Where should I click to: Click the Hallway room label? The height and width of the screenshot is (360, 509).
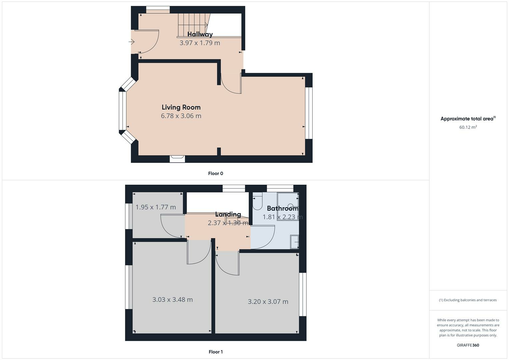[200, 34]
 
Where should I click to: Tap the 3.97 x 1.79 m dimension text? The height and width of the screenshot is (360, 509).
[200, 43]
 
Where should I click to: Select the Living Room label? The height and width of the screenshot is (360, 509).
[181, 107]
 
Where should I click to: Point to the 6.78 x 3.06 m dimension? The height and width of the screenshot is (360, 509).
[181, 116]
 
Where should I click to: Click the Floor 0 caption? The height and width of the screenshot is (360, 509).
[215, 173]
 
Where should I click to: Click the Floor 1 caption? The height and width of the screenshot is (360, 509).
[215, 352]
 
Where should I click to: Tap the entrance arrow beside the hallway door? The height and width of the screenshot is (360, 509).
[131, 42]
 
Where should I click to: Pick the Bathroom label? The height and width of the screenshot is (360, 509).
[282, 209]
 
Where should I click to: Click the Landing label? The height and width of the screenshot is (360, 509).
[228, 214]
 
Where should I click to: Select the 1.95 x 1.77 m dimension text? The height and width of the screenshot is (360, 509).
[156, 207]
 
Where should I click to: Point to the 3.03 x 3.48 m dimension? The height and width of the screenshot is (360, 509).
[172, 300]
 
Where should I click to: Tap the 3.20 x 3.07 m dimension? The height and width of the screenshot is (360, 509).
[268, 302]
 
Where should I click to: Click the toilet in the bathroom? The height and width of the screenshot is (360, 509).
[258, 202]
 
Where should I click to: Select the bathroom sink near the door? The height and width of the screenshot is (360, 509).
[294, 242]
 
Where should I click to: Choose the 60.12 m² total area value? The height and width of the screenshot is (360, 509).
[468, 127]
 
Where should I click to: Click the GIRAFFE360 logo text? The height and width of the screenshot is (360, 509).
[468, 345]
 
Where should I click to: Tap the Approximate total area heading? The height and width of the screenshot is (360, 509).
[468, 119]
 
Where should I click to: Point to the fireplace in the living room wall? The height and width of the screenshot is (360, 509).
[177, 159]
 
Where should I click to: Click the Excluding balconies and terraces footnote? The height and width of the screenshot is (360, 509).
[468, 300]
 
